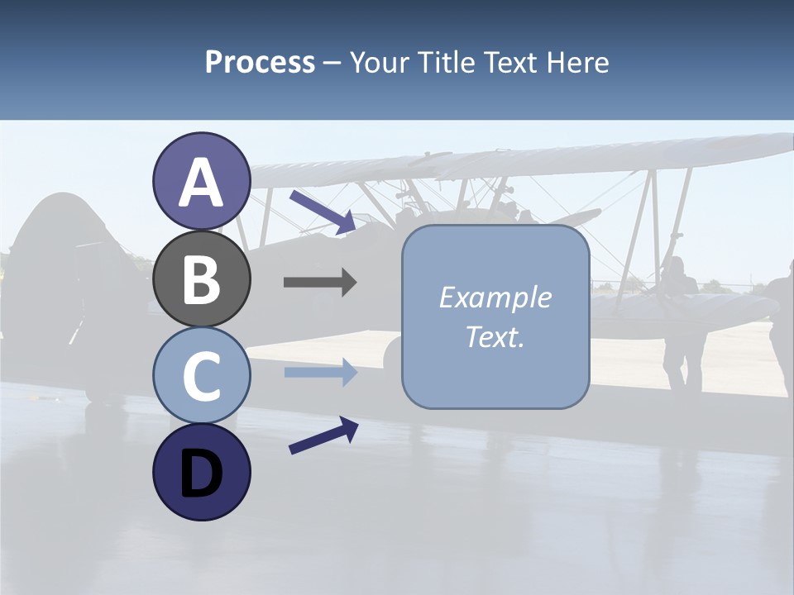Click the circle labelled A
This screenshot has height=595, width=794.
click(x=201, y=181)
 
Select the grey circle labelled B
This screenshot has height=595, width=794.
click(x=201, y=278)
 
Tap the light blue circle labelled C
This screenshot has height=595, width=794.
click(x=201, y=375)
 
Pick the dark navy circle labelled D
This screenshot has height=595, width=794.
click(x=201, y=472)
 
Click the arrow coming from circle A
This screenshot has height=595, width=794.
click(x=323, y=211)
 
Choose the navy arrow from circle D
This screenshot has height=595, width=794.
click(x=323, y=436)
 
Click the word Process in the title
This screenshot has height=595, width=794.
click(x=260, y=63)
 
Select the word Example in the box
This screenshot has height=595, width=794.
click(x=495, y=297)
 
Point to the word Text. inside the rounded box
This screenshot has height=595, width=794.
click(x=495, y=336)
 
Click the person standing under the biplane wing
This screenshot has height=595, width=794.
click(x=680, y=322)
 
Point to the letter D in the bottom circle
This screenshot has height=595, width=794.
click(x=201, y=474)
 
